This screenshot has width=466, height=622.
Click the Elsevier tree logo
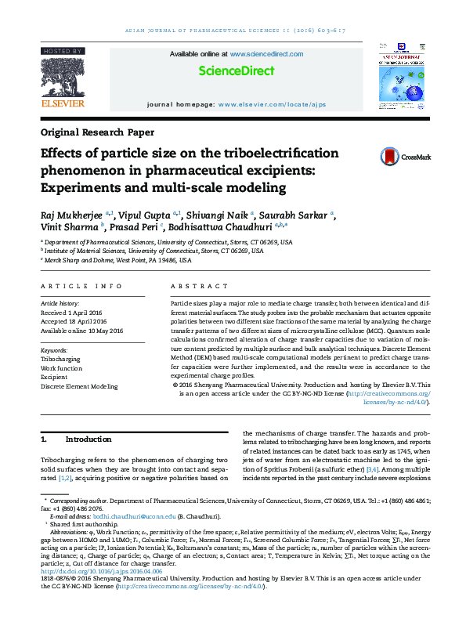63,77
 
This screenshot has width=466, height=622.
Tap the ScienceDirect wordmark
236,71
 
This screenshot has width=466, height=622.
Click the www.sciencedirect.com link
266,53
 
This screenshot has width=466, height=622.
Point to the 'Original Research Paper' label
97,132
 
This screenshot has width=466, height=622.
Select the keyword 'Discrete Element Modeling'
79,386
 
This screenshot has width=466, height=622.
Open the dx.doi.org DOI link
101,571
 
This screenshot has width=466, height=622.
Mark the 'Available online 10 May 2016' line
83,331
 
